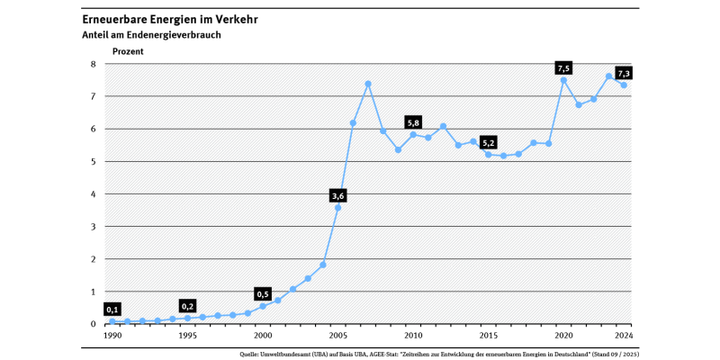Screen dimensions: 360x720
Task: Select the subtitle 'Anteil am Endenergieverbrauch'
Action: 150,35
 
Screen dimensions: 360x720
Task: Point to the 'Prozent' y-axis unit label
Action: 127,51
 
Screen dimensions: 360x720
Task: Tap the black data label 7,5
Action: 564,68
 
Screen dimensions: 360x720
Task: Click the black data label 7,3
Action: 624,73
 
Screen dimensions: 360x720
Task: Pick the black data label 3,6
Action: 338,195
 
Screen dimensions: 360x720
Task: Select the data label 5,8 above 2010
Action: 413,122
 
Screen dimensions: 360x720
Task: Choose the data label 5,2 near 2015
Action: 489,143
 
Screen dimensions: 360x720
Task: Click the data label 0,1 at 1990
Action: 112,310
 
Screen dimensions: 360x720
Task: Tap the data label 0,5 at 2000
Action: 263,294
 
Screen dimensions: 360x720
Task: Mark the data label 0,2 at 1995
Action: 187,306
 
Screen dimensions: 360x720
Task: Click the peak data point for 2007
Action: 368,84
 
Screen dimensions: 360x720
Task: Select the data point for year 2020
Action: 563,80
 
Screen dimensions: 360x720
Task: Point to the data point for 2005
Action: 337,207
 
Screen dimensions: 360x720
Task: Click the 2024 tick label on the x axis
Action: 623,336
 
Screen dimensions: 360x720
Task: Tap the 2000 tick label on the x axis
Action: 263,336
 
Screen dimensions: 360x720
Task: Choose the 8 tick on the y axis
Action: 93,64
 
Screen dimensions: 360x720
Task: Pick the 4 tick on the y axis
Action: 93,194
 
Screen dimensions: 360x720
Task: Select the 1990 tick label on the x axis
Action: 112,336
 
